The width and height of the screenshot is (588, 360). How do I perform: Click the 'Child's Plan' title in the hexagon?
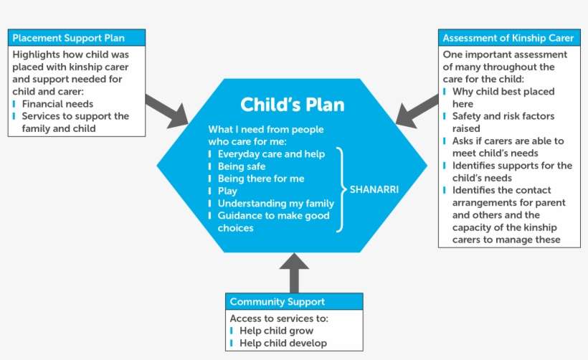292,105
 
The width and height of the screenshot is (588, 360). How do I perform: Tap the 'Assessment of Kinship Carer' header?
509,38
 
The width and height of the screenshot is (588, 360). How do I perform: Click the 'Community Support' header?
277,302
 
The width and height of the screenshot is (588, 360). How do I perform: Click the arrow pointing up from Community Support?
293,272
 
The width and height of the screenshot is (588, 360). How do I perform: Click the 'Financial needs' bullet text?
57,104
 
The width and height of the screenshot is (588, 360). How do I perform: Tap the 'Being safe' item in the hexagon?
242,166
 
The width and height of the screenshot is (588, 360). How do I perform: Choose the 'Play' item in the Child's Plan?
227,191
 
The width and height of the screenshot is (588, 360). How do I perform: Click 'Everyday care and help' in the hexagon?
271,154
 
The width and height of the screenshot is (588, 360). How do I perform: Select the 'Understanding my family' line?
275,204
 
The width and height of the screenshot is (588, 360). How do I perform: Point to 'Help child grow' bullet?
276,331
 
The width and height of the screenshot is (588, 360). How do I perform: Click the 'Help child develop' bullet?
283,343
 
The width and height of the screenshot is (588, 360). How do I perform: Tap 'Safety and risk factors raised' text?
503,122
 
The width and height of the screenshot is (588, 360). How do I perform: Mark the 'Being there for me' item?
260,179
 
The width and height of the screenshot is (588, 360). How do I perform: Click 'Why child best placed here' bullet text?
503,98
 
